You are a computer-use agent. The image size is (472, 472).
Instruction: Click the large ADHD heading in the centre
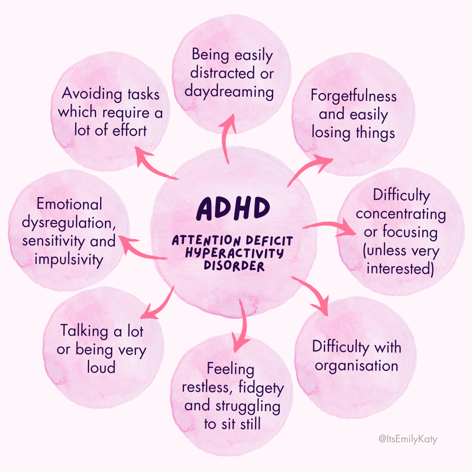click(232, 209)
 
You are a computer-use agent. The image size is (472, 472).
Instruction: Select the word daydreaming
click(229, 92)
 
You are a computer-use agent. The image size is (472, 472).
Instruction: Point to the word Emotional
click(69, 204)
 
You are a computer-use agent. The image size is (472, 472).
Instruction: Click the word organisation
click(356, 366)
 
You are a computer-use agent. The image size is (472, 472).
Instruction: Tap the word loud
click(101, 367)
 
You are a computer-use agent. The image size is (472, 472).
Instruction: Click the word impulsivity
click(69, 260)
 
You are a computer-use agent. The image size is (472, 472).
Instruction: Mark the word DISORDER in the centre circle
click(234, 266)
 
